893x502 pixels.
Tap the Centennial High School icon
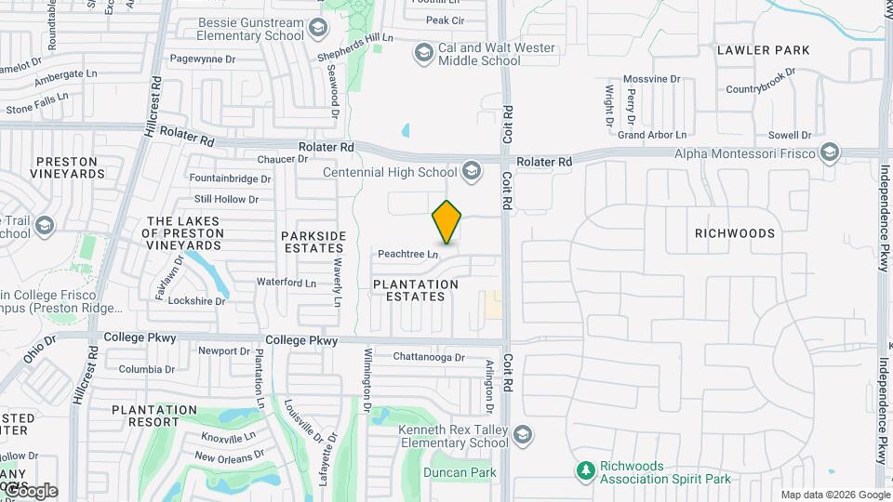point(472,171)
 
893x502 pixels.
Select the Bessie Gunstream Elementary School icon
point(319,29)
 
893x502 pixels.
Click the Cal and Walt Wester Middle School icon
point(424,53)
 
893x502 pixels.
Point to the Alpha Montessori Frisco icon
point(830,152)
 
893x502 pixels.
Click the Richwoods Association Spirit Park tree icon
point(585,471)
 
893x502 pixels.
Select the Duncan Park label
point(456,472)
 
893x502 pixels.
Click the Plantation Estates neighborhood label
point(416,290)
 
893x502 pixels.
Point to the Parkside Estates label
point(313,242)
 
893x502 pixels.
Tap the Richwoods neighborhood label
point(735,233)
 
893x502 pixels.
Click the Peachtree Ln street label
point(407,254)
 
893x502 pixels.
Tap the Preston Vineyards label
point(67,167)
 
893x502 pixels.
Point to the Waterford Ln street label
point(287,282)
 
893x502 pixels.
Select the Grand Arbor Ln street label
point(651,136)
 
